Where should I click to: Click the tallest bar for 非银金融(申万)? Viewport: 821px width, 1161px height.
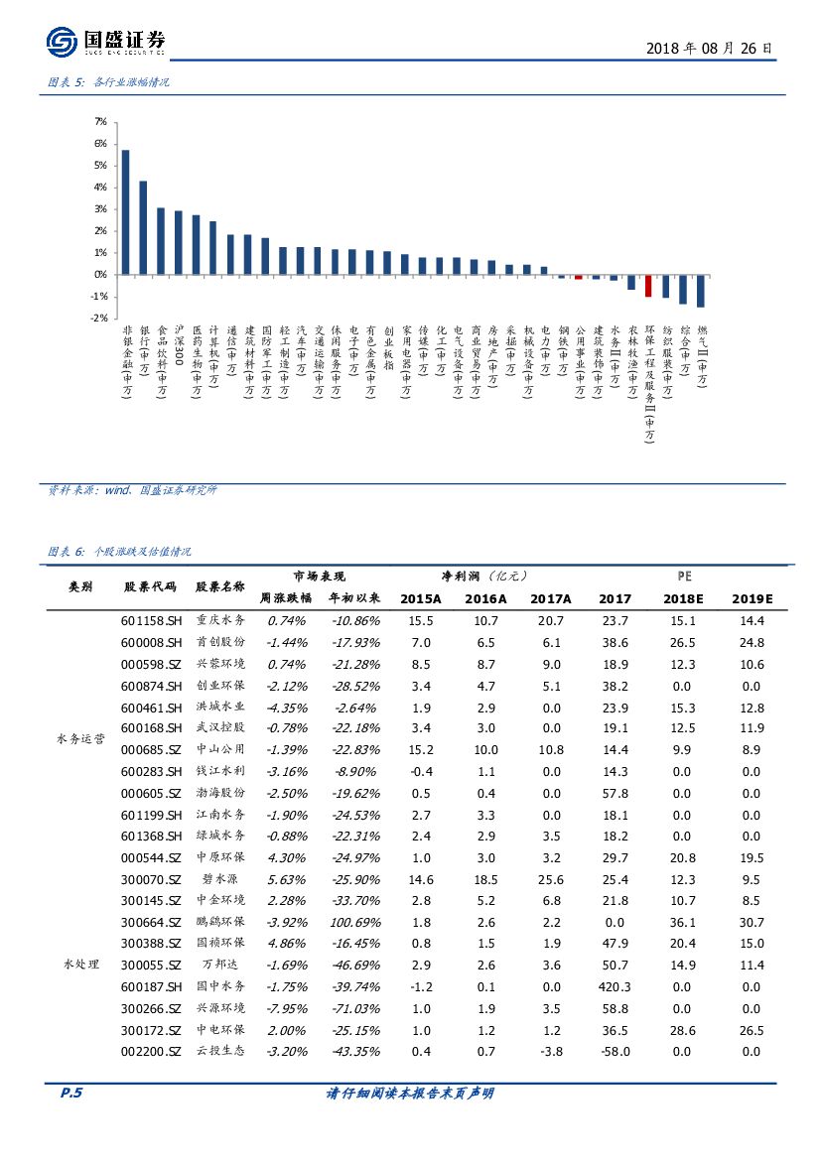pyautogui.click(x=125, y=211)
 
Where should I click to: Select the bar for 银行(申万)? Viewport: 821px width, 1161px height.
pyautogui.click(x=143, y=227)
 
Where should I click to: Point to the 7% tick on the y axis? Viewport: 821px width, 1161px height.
pyautogui.click(x=100, y=122)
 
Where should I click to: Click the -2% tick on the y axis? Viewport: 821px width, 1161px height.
pyautogui.click(x=99, y=319)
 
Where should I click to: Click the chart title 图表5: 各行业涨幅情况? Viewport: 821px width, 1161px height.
pyautogui.click(x=109, y=83)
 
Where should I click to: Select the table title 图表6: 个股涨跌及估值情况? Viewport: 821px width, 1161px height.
pyautogui.click(x=119, y=552)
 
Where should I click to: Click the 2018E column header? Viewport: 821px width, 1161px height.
pyautogui.click(x=685, y=599)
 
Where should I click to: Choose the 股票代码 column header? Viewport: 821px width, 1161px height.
pyautogui.click(x=150, y=586)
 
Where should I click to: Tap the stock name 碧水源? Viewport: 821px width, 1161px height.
pyautogui.click(x=220, y=879)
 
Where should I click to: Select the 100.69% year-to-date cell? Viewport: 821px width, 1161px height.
pyautogui.click(x=353, y=922)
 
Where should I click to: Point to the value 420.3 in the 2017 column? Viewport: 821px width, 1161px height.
pyautogui.click(x=615, y=986)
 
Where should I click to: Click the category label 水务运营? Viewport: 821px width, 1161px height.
pyautogui.click(x=80, y=739)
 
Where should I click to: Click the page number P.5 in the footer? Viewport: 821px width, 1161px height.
pyautogui.click(x=70, y=1094)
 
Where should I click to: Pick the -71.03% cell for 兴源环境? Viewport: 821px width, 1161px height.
pyautogui.click(x=353, y=1008)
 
